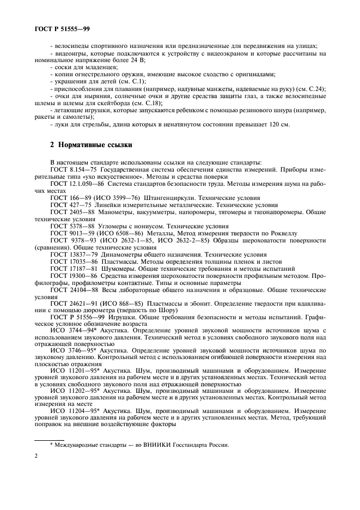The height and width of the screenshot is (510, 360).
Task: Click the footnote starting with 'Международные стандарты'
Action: point(139,444)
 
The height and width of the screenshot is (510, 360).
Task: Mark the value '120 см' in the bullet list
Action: point(278,124)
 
